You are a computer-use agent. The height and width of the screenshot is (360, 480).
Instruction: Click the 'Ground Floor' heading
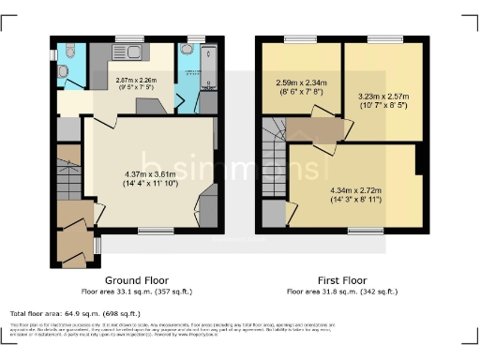136,280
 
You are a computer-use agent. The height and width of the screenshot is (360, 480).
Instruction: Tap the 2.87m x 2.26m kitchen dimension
137,84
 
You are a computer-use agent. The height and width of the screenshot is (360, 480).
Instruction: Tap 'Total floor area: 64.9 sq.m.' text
76,314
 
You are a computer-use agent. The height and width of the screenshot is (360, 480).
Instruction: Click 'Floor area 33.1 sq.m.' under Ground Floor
136,292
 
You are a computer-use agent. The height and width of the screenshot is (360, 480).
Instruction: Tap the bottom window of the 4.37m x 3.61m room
150,230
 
